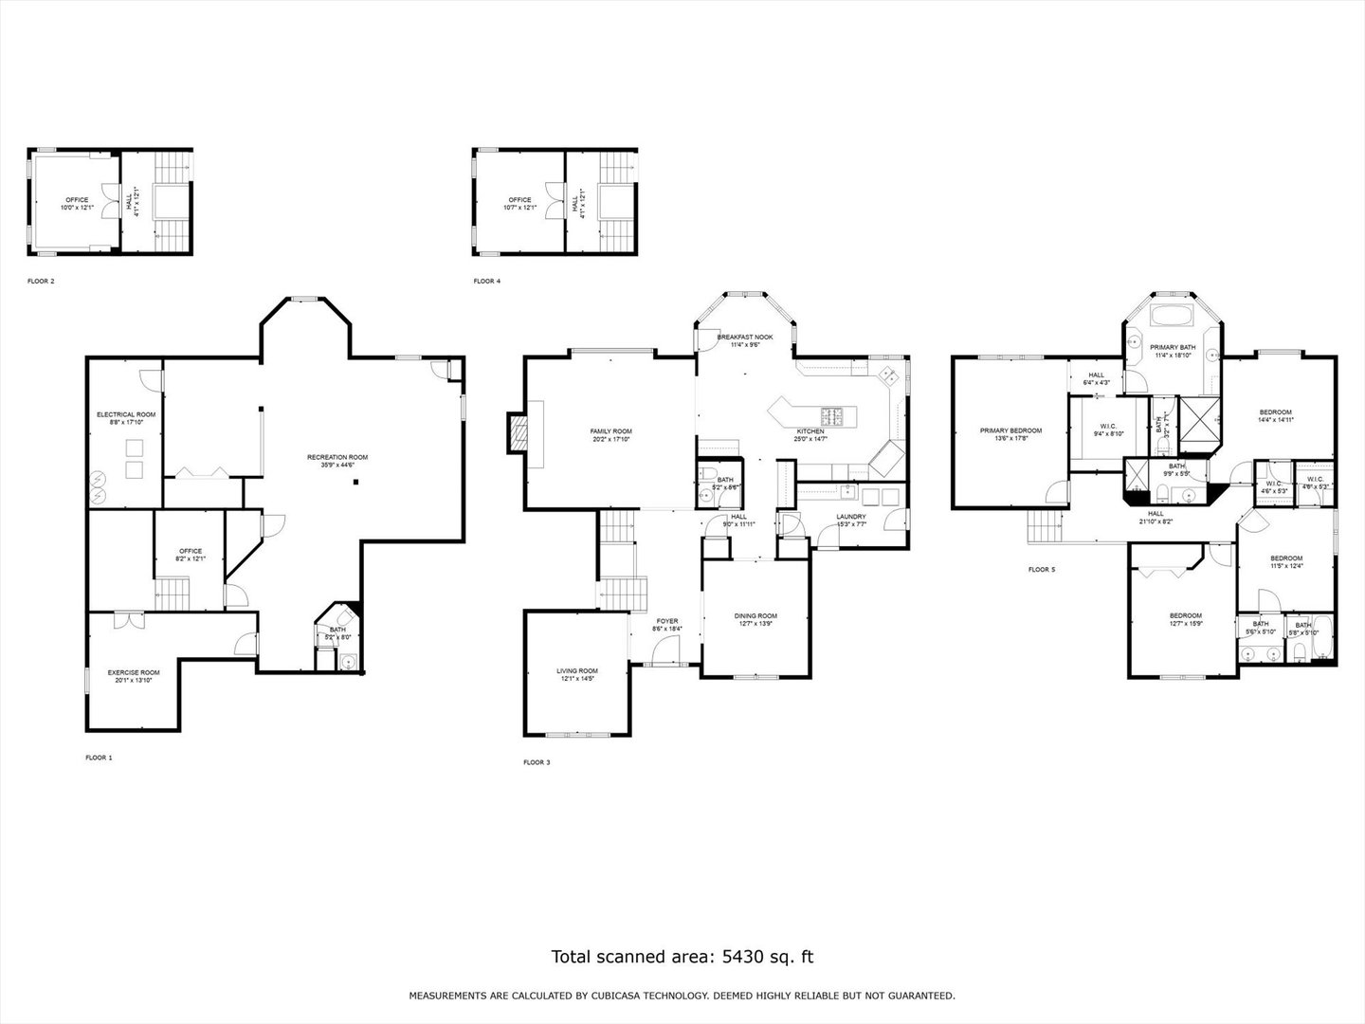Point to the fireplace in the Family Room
tap(518, 433)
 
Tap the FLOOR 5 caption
tap(1041, 570)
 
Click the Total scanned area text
tap(682, 957)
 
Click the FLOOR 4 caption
tap(486, 282)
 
